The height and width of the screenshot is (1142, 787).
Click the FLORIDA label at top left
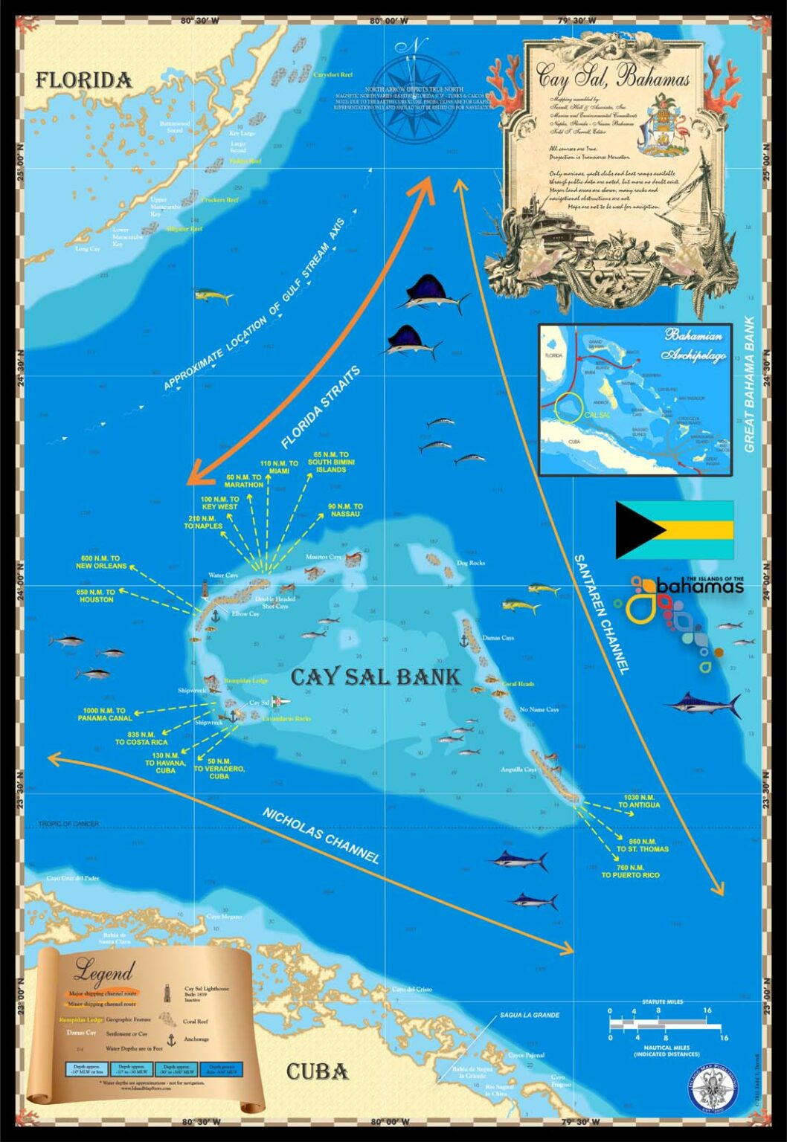[84, 80]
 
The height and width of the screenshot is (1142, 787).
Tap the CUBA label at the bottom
[317, 1071]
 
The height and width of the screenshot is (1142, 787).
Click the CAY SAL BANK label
[375, 677]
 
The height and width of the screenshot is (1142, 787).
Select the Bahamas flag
[674, 529]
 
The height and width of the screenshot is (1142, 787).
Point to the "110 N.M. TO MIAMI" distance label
[279, 467]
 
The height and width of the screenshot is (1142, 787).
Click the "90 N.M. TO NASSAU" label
[344, 510]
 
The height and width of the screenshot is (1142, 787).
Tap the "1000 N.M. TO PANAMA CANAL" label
[106, 714]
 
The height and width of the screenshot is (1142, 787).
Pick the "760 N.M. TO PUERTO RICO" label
[630, 871]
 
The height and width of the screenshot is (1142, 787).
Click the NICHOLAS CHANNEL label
[321, 835]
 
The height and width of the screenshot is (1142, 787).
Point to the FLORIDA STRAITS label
[321, 407]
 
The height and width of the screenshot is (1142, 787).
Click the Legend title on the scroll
[103, 970]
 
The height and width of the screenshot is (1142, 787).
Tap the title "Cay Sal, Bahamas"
[614, 77]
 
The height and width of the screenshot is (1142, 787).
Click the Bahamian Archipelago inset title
[695, 344]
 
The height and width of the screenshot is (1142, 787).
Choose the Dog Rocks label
[470, 563]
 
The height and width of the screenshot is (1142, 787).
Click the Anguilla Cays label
[518, 769]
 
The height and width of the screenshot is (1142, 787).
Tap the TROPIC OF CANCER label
[68, 824]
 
